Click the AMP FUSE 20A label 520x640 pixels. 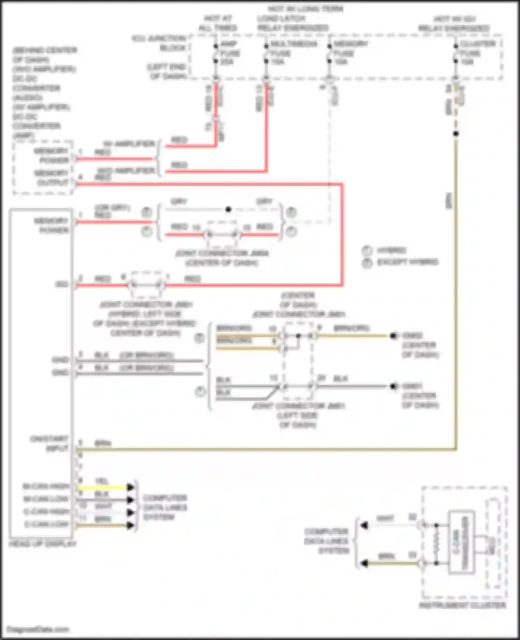(x=229, y=53)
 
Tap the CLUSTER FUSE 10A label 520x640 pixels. (x=477, y=53)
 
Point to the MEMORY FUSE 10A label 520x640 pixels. (x=350, y=53)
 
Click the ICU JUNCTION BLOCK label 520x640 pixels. (x=159, y=43)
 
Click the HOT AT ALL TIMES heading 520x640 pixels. (x=218, y=23)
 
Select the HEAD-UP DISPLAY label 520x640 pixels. (x=42, y=544)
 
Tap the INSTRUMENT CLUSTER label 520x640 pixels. (x=462, y=605)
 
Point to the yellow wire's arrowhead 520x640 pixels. (x=131, y=487)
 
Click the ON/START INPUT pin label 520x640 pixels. (x=49, y=444)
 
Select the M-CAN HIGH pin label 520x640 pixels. (x=46, y=486)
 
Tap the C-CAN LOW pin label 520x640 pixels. (x=46, y=524)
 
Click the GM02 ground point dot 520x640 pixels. (x=393, y=336)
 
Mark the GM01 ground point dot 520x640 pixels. (x=393, y=386)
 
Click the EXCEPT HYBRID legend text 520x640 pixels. (x=408, y=262)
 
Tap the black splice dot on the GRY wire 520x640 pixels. (x=228, y=209)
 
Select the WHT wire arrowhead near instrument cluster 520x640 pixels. (x=364, y=526)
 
